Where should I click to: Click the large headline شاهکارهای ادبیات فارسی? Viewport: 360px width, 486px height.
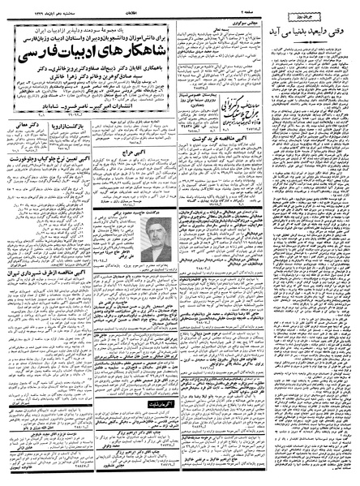coord(88,58)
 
